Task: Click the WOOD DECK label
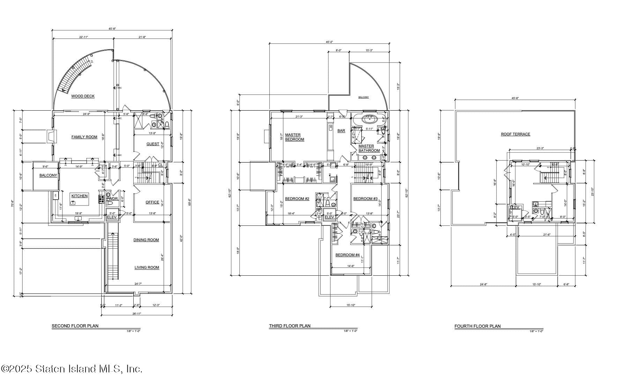pos(83,96)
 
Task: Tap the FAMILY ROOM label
pos(84,137)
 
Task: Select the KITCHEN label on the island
pos(80,196)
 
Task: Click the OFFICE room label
pos(152,202)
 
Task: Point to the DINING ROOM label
pos(146,240)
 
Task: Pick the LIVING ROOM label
pos(147,268)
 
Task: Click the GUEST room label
pos(152,144)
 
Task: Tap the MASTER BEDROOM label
pos(294,137)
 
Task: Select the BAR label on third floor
pos(341,131)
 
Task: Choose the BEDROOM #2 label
pos(297,199)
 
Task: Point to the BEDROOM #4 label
pos(347,255)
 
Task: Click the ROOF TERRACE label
pos(515,134)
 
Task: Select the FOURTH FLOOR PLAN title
pos(477,327)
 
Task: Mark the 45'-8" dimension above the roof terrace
pos(515,98)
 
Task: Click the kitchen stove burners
pos(102,199)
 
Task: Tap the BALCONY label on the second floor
pos(48,176)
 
